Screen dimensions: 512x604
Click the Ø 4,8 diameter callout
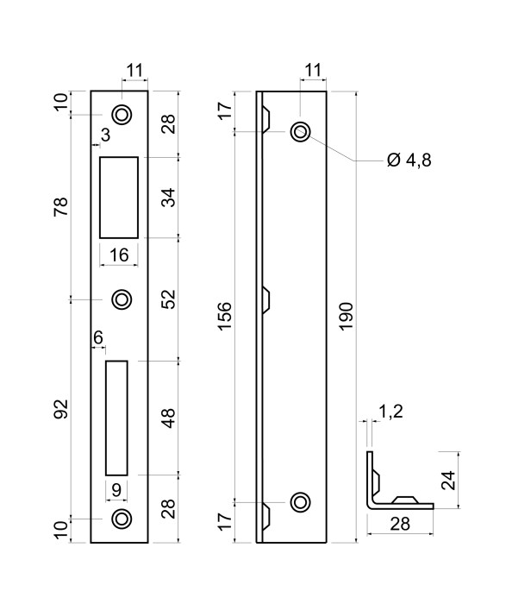[409, 160]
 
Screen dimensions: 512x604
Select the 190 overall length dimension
[347, 317]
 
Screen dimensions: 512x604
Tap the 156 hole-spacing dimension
[226, 317]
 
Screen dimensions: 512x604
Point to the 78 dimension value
[61, 206]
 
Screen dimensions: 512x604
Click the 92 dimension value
[61, 409]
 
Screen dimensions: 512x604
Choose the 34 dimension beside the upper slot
[168, 198]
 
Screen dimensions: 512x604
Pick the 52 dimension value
[168, 299]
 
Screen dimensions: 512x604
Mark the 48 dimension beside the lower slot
[168, 418]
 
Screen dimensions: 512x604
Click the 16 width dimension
[119, 255]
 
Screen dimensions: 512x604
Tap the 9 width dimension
[116, 490]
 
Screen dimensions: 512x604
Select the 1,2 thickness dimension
[390, 412]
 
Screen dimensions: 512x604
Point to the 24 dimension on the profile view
[448, 480]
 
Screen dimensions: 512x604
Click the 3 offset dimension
[105, 135]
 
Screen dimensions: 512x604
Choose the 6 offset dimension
[98, 338]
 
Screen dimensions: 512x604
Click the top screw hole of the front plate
[122, 115]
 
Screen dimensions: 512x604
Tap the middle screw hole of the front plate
[122, 299]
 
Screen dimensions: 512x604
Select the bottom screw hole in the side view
[301, 502]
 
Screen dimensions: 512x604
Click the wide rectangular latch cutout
[119, 198]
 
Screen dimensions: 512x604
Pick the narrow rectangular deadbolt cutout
[116, 418]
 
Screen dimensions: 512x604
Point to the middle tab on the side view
[265, 299]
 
